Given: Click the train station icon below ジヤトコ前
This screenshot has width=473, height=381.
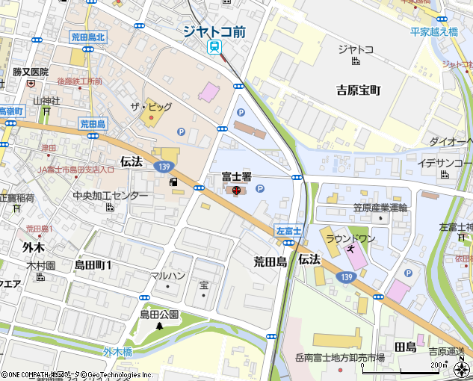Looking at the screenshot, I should (x=215, y=48).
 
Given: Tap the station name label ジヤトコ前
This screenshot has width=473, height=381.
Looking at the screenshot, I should (x=214, y=31).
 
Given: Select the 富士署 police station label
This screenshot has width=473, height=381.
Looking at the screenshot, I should (x=235, y=177).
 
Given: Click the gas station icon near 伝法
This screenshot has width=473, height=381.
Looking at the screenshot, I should (x=173, y=182).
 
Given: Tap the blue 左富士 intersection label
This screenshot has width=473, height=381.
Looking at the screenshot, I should (x=287, y=232).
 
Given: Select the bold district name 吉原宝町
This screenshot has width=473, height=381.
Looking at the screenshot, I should (x=358, y=90).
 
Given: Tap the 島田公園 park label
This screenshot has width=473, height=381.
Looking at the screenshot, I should (x=158, y=315).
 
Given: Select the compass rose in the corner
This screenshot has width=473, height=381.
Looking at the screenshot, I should (x=461, y=368).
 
